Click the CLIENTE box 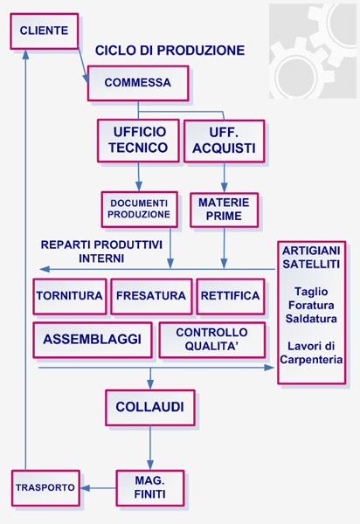click(44, 31)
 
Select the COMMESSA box click(137, 84)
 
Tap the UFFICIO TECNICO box click(138, 141)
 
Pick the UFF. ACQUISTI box click(224, 141)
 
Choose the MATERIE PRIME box click(224, 210)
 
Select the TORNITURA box click(69, 296)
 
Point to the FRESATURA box click(151, 296)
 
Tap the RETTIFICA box click(230, 296)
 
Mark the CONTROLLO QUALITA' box click(211, 339)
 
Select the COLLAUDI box click(149, 407)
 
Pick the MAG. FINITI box click(150, 487)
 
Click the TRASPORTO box click(44, 487)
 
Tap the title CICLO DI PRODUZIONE click(170, 51)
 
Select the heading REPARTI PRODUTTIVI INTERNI click(101, 252)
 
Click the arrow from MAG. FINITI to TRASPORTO click(96, 487)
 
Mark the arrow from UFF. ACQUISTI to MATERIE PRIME click(225, 177)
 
